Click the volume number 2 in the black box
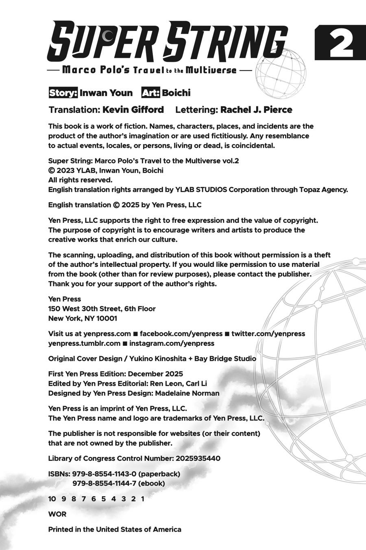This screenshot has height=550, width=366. point(341,43)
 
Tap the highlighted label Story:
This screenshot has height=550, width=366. point(63,93)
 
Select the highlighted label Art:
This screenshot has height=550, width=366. point(150,93)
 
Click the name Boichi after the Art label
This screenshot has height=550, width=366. point(176,93)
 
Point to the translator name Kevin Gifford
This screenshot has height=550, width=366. point(133,110)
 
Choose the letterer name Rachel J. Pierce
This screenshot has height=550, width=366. point(256,110)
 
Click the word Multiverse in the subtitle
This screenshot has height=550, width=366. point(211,70)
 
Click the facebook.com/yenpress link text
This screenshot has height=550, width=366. point(181,334)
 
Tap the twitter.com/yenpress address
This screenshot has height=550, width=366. point(268,334)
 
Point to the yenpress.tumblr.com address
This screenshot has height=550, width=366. point(84,343)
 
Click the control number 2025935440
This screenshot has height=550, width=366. point(198,458)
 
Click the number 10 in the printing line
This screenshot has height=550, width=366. point(52,499)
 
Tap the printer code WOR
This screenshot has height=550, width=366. point(57,514)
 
